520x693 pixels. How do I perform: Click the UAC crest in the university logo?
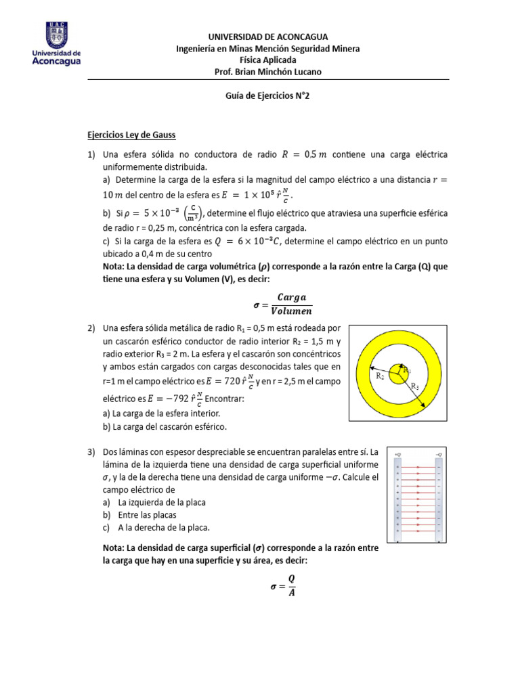pyautogui.click(x=56, y=34)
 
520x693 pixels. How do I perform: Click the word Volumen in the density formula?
pyautogui.click(x=291, y=311)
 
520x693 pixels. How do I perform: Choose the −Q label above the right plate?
pyautogui.click(x=439, y=453)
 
